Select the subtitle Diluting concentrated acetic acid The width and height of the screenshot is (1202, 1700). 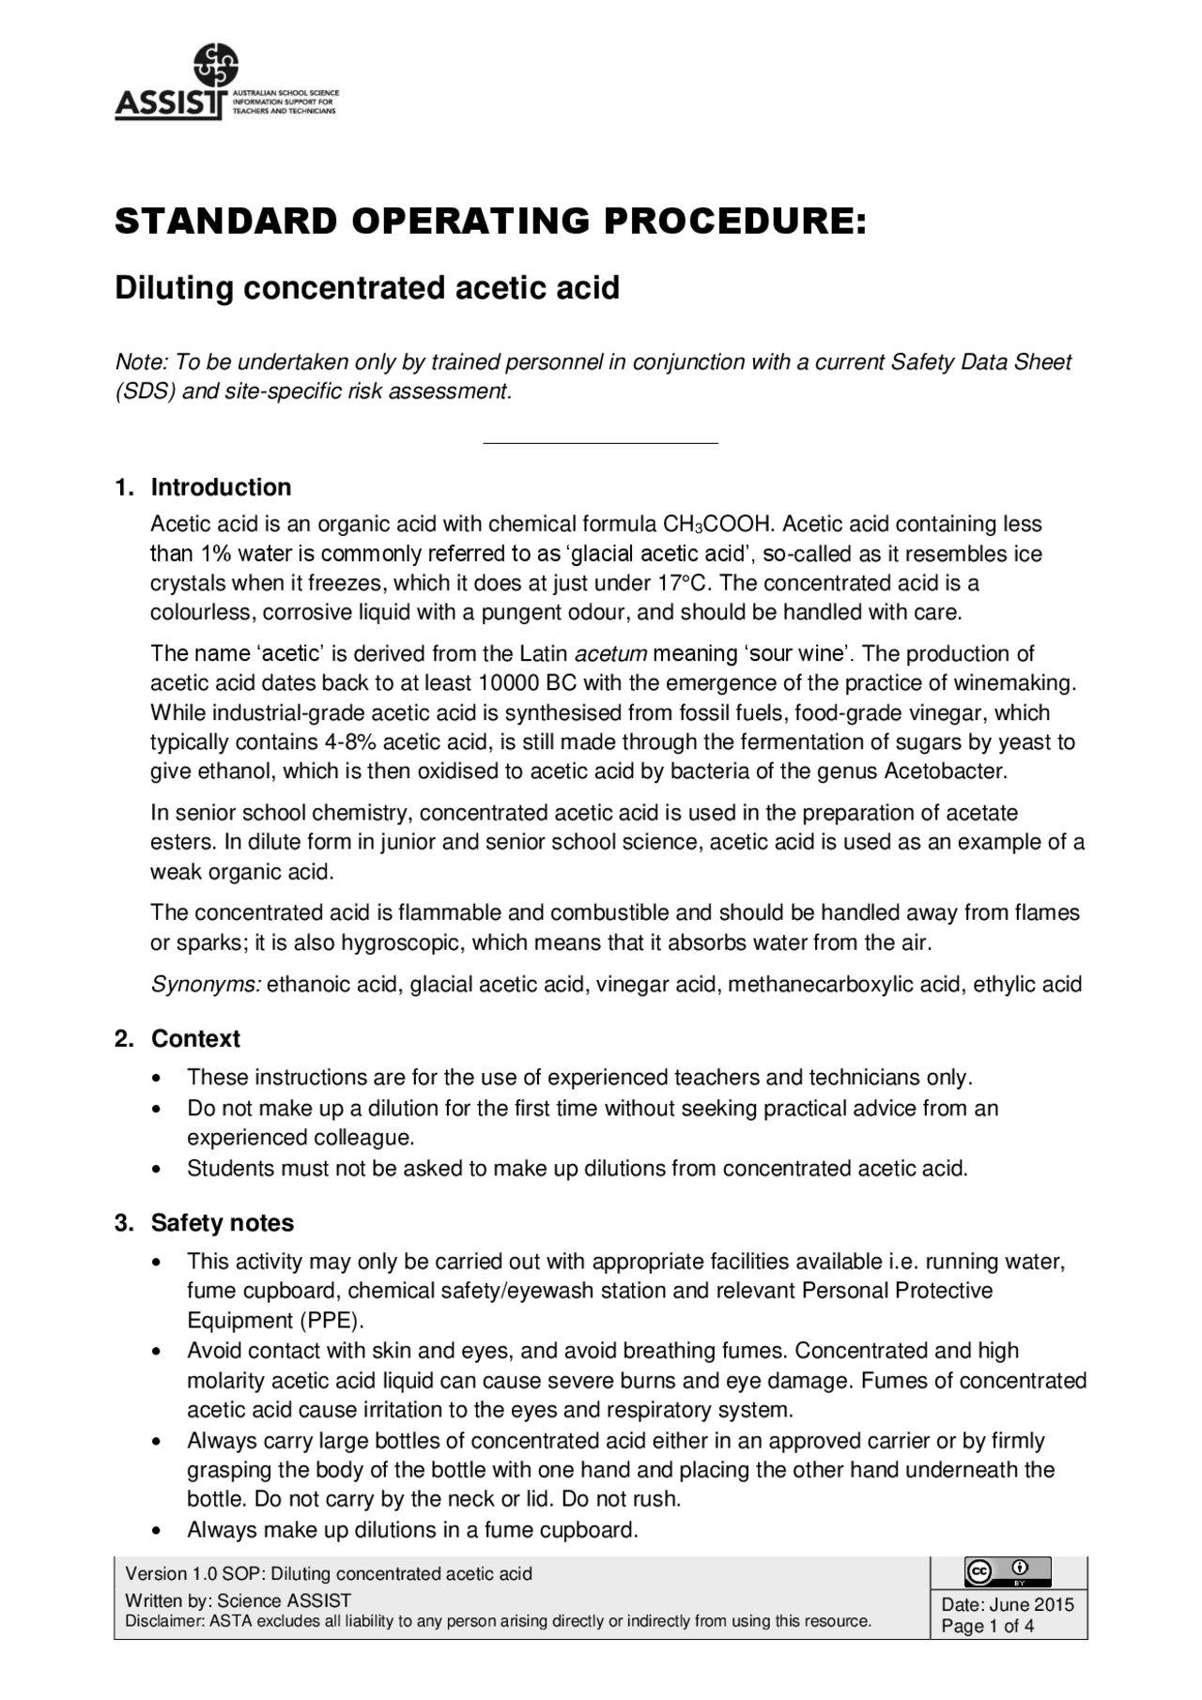[x=367, y=287]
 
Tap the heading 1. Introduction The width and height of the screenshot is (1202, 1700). [x=203, y=487]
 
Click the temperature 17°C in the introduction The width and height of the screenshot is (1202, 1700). [x=680, y=583]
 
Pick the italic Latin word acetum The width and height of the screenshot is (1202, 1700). [x=610, y=653]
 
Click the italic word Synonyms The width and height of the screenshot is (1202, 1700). [x=206, y=984]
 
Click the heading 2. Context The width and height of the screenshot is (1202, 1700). [x=177, y=1038]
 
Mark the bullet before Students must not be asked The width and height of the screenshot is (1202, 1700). [x=156, y=1170]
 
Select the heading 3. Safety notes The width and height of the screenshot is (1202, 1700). [x=204, y=1222]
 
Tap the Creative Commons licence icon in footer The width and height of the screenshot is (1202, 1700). [x=1007, y=1571]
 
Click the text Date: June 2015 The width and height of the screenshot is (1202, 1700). [x=1007, y=1604]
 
